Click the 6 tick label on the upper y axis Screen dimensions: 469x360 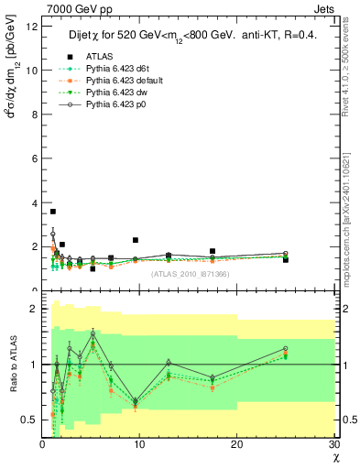(34, 158)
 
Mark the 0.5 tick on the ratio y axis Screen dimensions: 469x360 (29, 420)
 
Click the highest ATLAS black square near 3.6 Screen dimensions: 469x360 (52, 212)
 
